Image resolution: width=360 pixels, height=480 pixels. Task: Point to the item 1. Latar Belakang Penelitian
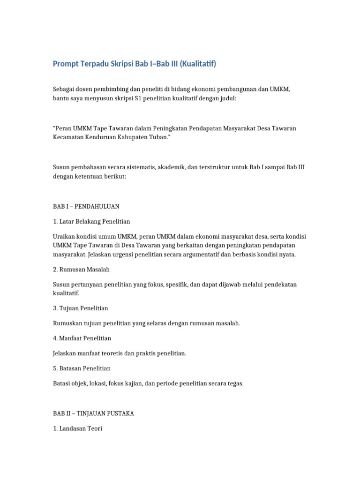(91, 221)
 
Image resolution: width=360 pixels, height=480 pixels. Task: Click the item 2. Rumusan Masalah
(82, 270)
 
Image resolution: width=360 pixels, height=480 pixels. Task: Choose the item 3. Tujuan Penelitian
(81, 308)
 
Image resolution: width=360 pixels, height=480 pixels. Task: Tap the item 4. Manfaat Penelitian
(82, 338)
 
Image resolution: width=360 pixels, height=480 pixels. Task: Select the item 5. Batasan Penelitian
(82, 368)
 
